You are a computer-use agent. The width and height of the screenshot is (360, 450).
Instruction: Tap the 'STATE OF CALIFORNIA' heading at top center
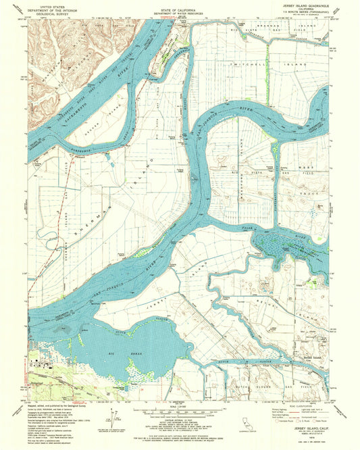click(180, 6)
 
